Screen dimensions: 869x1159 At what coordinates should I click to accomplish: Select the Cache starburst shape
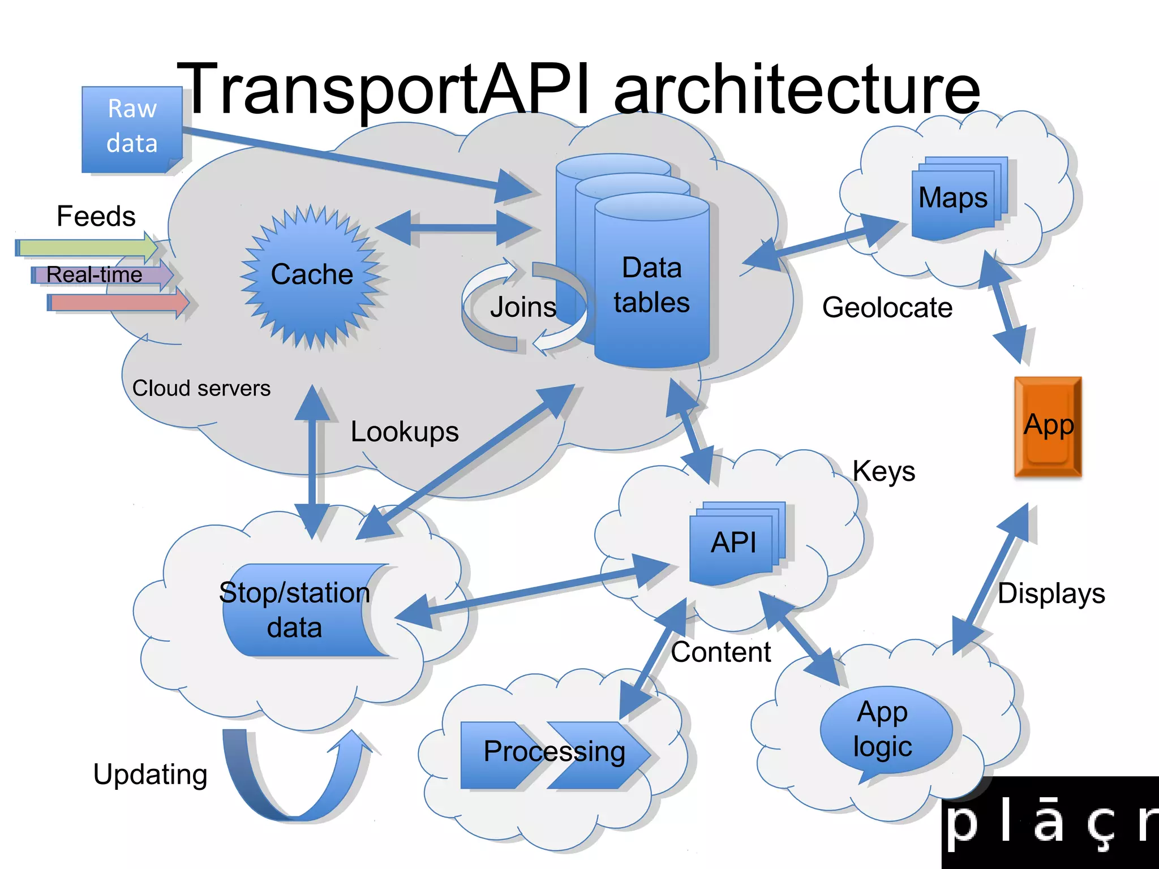(x=312, y=276)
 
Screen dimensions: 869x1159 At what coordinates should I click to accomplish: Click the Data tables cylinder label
(x=652, y=285)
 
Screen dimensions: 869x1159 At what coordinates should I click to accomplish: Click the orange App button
(x=1048, y=427)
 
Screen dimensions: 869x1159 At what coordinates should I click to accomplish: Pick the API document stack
(x=735, y=543)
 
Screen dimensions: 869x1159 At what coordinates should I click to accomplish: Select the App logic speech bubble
(x=884, y=730)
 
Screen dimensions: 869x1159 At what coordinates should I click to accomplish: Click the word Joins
(x=523, y=307)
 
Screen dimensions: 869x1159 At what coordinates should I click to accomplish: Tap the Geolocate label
(x=887, y=308)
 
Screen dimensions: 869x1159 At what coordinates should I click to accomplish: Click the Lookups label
(x=404, y=432)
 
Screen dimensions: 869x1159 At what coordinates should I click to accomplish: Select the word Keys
(x=883, y=471)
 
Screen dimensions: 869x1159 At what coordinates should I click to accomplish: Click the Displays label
(x=1051, y=594)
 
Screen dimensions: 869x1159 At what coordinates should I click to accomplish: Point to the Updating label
(x=150, y=775)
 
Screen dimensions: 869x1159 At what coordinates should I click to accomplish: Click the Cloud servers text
(x=201, y=389)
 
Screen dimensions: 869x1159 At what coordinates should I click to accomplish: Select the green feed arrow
(x=85, y=247)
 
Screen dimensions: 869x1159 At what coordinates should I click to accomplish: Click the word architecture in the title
(x=797, y=89)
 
